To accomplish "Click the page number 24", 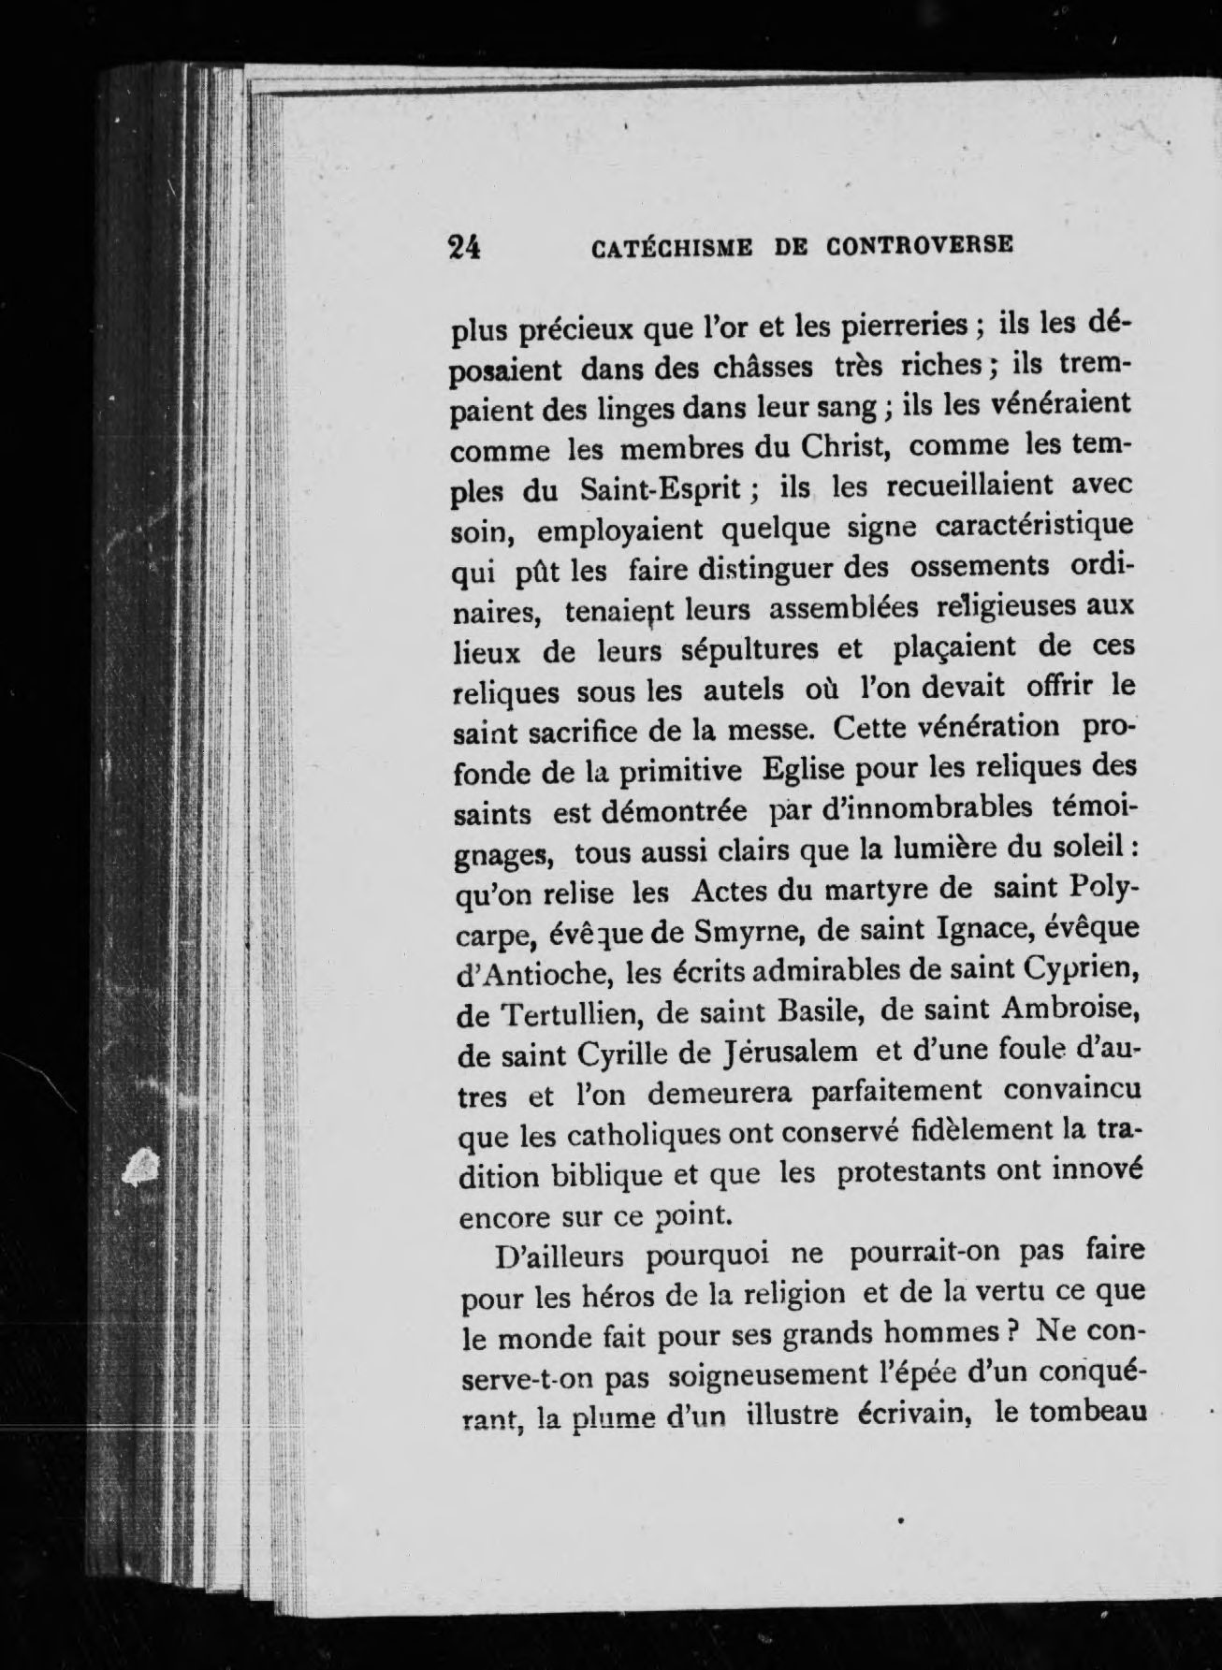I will pos(464,245).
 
